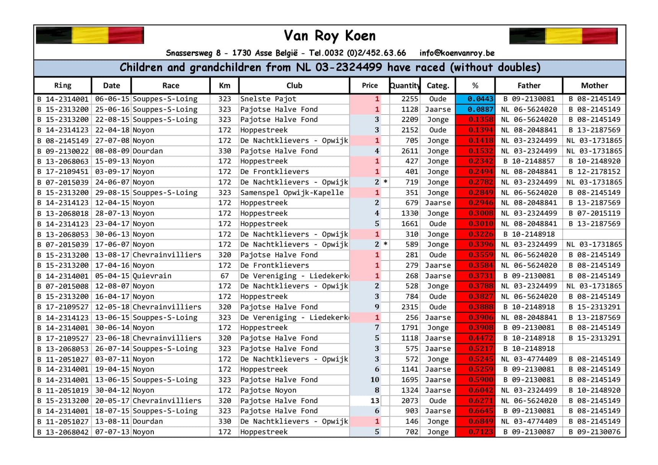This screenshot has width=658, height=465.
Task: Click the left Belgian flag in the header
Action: point(90,35)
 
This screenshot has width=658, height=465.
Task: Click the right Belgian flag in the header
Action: point(563,36)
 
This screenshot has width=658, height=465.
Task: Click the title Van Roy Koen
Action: point(329,36)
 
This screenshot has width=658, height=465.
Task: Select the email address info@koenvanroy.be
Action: point(457,53)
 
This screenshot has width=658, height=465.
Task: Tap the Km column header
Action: point(224,85)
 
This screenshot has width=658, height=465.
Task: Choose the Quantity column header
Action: point(405,85)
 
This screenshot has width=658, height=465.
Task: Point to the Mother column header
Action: point(594,85)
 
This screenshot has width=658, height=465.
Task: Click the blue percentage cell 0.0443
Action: point(475,99)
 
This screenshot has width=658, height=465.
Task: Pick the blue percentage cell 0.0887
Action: point(475,109)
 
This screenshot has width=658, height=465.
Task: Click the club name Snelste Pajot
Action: point(268,99)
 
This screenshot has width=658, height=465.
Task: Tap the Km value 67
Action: point(225,276)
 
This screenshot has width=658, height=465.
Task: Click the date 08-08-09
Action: point(111,151)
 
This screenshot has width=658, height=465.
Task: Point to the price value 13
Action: point(375,401)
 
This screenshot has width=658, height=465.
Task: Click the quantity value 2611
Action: point(410,151)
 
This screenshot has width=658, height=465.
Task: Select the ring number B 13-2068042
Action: point(63,432)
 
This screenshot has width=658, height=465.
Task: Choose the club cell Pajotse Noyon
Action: point(268,390)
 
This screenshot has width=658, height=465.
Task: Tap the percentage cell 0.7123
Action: point(475,432)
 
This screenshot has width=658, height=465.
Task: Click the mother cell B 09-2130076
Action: point(594,432)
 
